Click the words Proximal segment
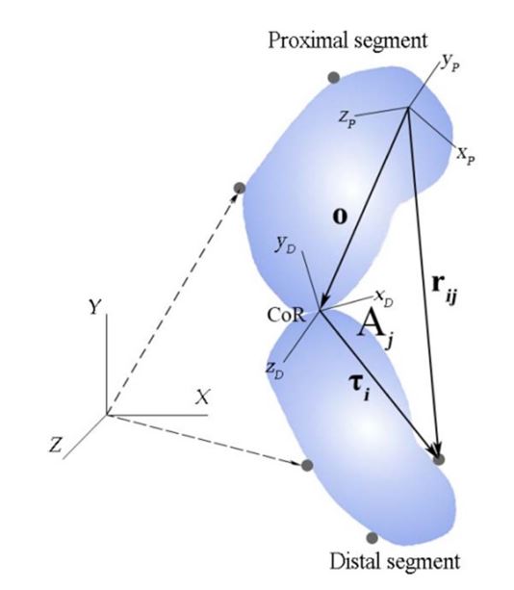[347, 40]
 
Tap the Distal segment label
[395, 562]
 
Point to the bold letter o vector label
[340, 218]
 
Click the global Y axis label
[95, 307]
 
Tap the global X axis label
[203, 397]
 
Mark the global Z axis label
[55, 444]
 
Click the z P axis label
[347, 119]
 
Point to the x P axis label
[466, 155]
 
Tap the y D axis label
[286, 245]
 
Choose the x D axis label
[384, 298]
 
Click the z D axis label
[274, 370]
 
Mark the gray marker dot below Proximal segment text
[334, 78]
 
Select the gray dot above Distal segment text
[372, 538]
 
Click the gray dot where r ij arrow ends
[439, 459]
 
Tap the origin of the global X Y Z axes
[107, 415]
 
